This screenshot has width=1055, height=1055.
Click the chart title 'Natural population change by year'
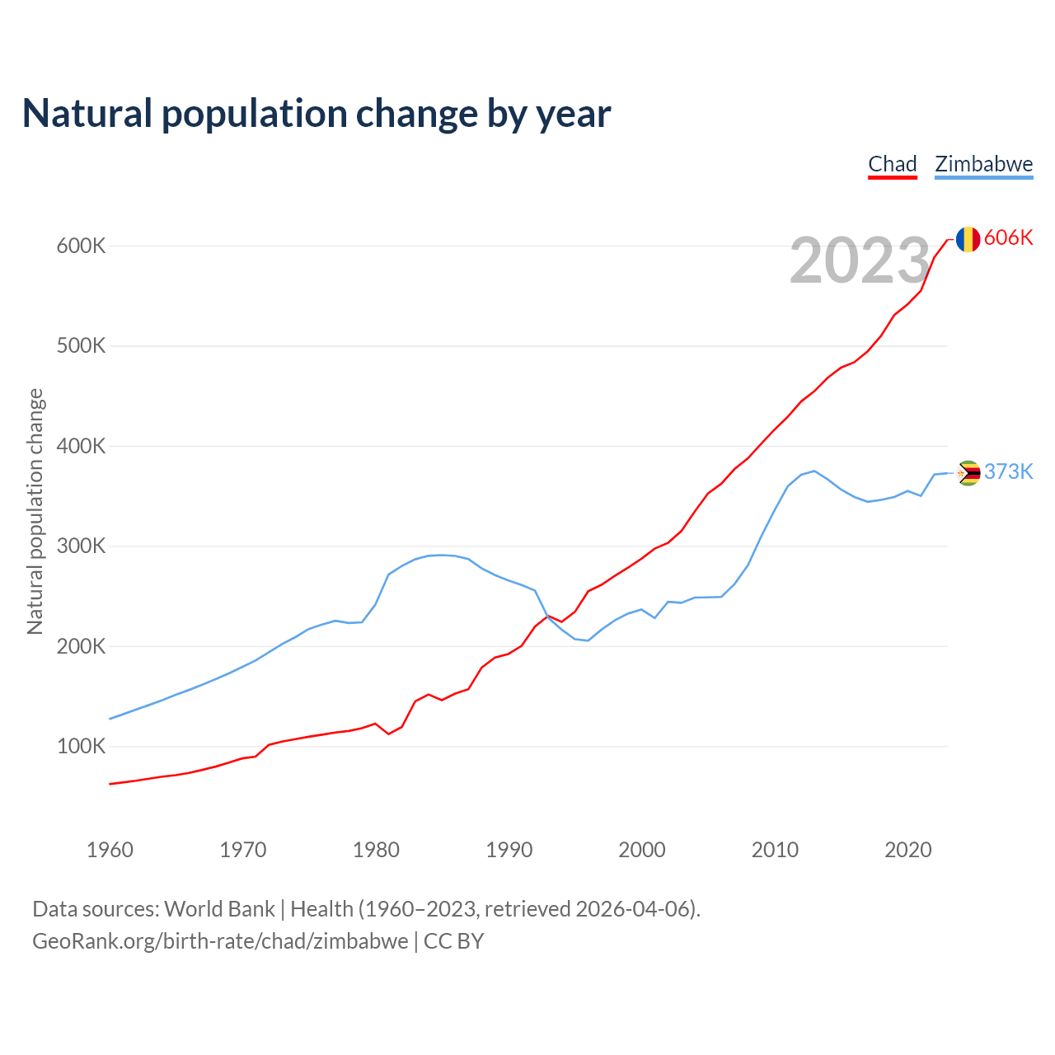[x=316, y=114]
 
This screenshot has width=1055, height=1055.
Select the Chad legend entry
[x=893, y=164]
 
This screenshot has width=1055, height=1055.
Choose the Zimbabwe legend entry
[x=983, y=164]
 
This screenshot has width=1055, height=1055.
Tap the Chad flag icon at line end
[x=968, y=239]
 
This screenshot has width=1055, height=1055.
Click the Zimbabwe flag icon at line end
[x=968, y=473]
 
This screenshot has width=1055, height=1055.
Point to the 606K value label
[x=1008, y=237]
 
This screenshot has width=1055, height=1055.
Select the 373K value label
[x=1008, y=471]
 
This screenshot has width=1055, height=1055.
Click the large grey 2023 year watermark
[x=860, y=260]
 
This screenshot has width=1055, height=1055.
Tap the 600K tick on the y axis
[x=82, y=246]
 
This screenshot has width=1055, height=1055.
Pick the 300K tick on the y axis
[x=82, y=546]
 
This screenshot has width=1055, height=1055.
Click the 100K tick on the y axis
[x=82, y=747]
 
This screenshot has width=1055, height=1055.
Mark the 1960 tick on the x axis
[x=110, y=850]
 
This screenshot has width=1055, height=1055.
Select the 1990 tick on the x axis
[x=509, y=850]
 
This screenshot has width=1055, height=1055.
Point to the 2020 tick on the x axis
[x=907, y=850]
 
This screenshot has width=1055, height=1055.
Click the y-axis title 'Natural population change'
[x=35, y=511]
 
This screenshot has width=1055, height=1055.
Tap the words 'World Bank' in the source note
[x=219, y=909]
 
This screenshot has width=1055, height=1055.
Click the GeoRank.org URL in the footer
[x=220, y=941]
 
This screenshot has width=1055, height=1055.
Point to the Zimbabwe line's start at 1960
[x=110, y=719]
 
